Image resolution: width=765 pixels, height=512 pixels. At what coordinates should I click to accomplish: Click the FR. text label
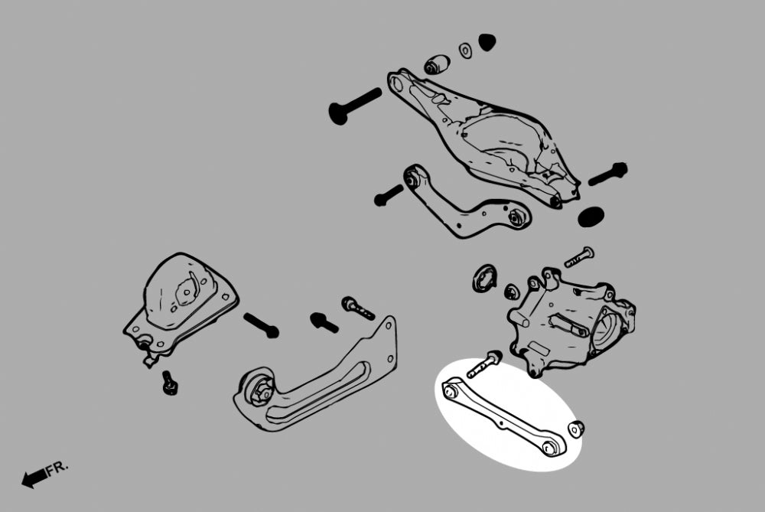point(57,468)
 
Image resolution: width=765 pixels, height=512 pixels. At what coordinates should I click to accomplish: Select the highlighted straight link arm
point(504,417)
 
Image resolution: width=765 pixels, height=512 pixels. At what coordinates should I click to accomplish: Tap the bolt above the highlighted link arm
point(484,364)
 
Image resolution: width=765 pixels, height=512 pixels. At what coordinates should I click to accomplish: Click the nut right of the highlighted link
point(577,429)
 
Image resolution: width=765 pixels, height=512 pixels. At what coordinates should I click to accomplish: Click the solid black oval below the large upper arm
point(591,217)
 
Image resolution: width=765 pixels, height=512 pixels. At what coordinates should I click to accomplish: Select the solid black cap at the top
point(487,42)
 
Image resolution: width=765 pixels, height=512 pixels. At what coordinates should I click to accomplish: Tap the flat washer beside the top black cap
point(465,51)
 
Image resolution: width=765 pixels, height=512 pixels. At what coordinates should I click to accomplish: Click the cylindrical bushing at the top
point(437,64)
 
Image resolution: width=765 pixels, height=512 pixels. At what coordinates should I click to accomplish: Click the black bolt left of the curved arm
point(389,195)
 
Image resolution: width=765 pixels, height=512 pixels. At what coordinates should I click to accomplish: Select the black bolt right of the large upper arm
point(608,174)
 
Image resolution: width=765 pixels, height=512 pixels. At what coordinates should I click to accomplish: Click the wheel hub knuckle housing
point(571,322)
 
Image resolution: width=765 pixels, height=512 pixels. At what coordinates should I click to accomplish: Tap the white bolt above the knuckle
point(579,257)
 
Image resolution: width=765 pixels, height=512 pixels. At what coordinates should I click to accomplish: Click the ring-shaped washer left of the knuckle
point(484,279)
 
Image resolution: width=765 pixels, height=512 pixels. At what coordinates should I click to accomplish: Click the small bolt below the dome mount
point(169,383)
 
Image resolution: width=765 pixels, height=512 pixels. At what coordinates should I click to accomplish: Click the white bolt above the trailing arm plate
point(358,308)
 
